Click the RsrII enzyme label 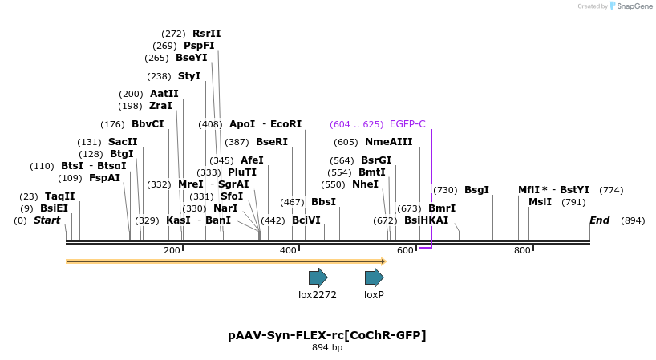point(206,34)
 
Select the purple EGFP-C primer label point(407,124)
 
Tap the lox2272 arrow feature point(318,277)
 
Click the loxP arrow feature point(374,277)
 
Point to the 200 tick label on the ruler point(172,251)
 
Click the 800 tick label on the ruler point(522,251)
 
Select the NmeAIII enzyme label point(388,142)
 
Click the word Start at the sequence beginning point(47,220)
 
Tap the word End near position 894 point(599,220)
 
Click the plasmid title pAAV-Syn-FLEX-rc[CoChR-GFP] point(327,334)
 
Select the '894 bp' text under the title point(327,348)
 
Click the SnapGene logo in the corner point(630,6)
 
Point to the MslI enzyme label point(540,202)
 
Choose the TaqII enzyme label point(59,196)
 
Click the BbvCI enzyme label point(148,124)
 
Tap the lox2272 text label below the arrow point(318,295)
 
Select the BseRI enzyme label point(271,142)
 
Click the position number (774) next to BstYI point(611,190)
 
